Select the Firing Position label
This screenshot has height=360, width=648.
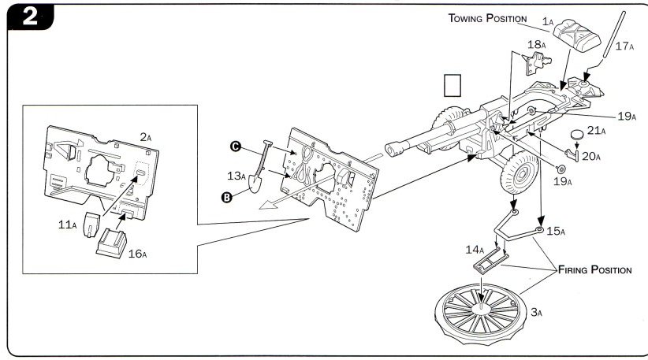coord(595,270)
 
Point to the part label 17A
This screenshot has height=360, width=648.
coord(624,46)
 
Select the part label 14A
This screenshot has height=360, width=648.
coord(475,250)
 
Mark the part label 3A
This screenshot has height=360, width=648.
coord(536,313)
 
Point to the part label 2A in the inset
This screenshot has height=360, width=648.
coord(145,136)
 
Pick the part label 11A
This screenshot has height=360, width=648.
coord(68,225)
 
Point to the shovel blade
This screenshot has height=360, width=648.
coord(256,184)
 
